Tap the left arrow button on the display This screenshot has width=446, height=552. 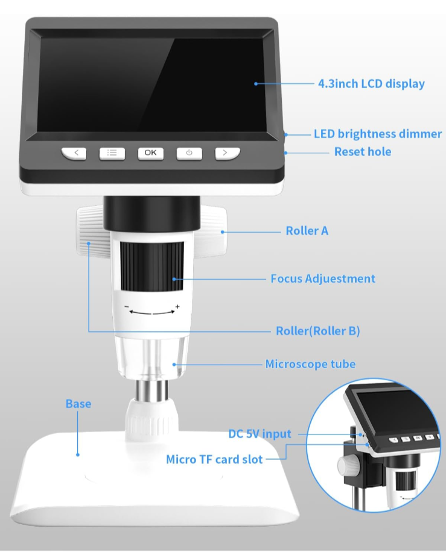coord(74,153)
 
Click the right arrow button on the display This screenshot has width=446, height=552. coord(228,153)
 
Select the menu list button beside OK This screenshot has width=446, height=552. coord(112,153)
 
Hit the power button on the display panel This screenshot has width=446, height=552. coord(190,153)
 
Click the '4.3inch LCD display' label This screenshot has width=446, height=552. coord(371,84)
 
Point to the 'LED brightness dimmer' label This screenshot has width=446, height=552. coord(378,134)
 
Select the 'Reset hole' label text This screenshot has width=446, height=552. coord(363,152)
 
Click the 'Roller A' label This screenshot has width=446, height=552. coord(307,231)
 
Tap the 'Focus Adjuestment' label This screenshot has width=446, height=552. coord(323,278)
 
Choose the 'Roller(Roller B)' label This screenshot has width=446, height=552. coord(317,331)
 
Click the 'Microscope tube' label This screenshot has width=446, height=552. coord(310,364)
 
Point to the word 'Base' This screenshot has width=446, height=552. coord(78,404)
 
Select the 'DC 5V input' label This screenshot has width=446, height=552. coord(260,434)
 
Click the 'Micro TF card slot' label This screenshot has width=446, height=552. coord(214,459)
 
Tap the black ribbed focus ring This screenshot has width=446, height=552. coord(152,266)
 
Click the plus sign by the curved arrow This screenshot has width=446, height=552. coord(177,307)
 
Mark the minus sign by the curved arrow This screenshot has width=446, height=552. coord(127,307)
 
